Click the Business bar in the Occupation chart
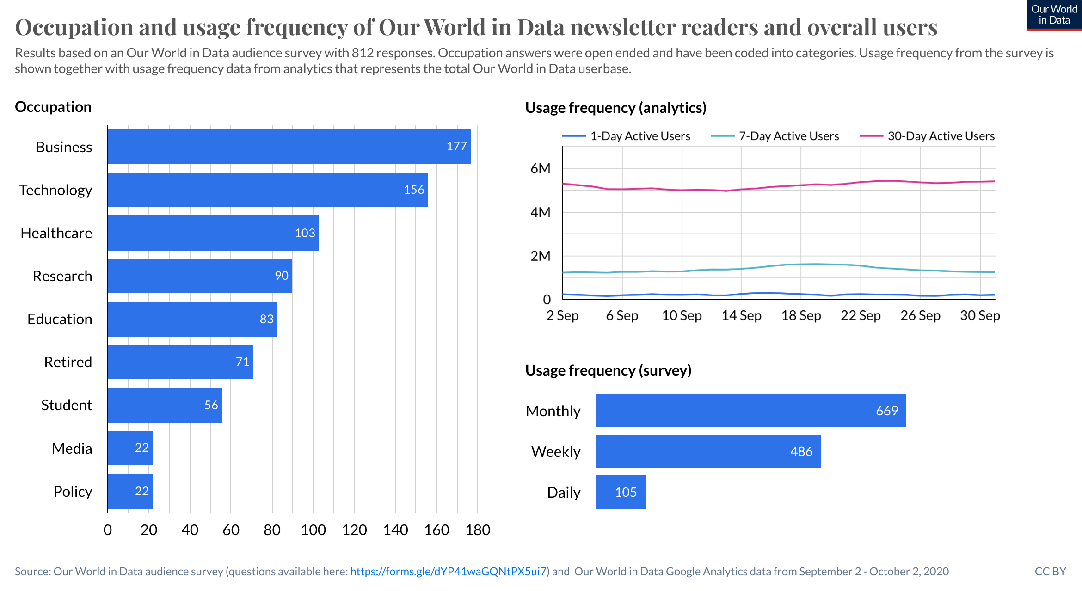pyautogui.click(x=289, y=147)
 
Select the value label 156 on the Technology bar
pyautogui.click(x=414, y=190)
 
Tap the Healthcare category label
pyautogui.click(x=56, y=233)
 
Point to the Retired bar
pyautogui.click(x=180, y=362)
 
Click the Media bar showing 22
pyautogui.click(x=130, y=448)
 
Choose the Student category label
pyautogui.click(x=67, y=405)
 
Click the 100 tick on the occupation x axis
pyautogui.click(x=313, y=530)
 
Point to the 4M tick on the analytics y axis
pyautogui.click(x=541, y=212)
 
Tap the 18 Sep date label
pyautogui.click(x=801, y=315)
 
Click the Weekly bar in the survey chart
pyautogui.click(x=708, y=451)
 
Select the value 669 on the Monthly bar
pyautogui.click(x=887, y=411)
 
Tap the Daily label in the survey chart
pyautogui.click(x=564, y=492)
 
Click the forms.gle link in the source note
pyautogui.click(x=448, y=572)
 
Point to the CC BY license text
pyautogui.click(x=1050, y=572)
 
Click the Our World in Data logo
pyautogui.click(x=1054, y=15)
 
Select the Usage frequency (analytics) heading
pyautogui.click(x=615, y=108)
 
